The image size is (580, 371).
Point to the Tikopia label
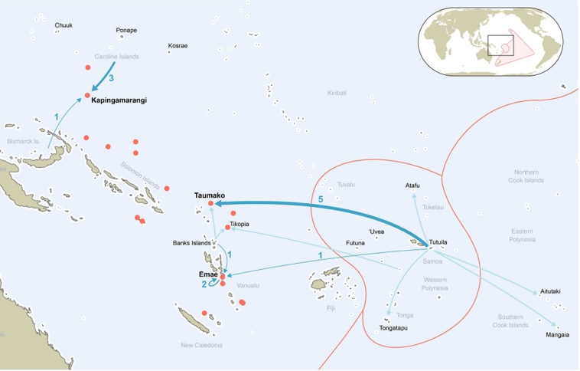[x=240, y=225]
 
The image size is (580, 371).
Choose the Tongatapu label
[x=393, y=328]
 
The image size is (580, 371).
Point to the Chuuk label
[x=64, y=25]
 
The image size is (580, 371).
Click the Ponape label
[x=126, y=31]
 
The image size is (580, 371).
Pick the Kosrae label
[x=178, y=46]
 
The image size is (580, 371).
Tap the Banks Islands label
[x=191, y=243]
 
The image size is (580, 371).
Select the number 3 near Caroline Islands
[x=111, y=78]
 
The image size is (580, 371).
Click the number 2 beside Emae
[x=204, y=284]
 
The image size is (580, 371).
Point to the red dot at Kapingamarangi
[x=86, y=96]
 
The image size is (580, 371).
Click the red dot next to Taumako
[x=211, y=204]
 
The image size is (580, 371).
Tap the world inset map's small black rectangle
[x=500, y=45]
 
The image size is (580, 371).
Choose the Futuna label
[x=355, y=243]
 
